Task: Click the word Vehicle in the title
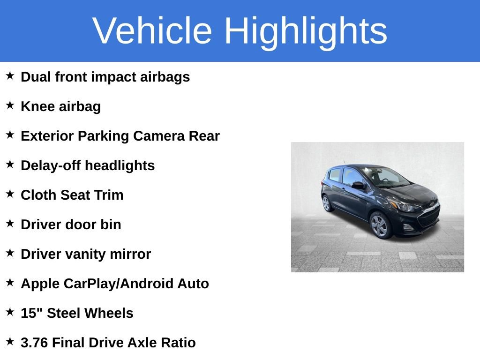152,31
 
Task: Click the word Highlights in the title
306,31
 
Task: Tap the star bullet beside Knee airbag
10,105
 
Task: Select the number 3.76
34,343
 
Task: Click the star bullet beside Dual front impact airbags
10,76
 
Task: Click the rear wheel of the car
326,203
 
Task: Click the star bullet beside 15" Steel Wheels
10,312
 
